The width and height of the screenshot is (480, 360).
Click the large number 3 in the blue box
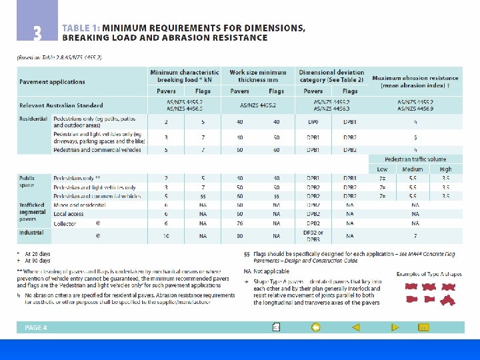[37, 32]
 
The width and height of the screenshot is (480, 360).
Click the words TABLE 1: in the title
[81, 28]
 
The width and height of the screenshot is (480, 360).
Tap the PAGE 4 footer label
[36, 328]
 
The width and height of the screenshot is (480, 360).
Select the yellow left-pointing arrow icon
[356, 327]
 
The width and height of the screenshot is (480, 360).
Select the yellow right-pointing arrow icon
[395, 327]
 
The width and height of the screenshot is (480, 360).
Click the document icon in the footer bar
[276, 327]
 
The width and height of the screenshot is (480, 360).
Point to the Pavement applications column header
[52, 82]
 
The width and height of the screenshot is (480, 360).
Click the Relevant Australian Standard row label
[61, 105]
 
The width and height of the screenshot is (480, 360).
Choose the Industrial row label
[31, 233]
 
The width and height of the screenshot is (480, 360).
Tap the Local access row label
[69, 214]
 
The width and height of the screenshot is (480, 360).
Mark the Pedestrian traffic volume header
[415, 160]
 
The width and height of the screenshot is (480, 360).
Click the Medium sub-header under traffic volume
[413, 169]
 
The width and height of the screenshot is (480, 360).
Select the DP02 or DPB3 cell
[313, 235]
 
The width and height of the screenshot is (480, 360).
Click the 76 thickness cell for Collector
[239, 223]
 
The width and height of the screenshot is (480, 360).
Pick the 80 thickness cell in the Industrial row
[239, 236]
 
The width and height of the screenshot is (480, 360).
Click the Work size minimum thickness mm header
[257, 76]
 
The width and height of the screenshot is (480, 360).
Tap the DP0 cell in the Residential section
[313, 122]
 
